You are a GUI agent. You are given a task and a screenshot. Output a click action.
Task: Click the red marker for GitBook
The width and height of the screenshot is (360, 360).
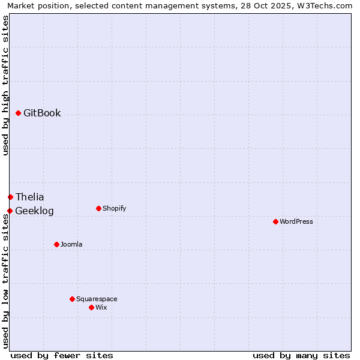pos(18,113)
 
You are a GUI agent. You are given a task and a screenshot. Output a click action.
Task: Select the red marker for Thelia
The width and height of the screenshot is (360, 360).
pos(10,197)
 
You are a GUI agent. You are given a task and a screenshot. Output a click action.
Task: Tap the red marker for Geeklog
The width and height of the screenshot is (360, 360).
pos(10,211)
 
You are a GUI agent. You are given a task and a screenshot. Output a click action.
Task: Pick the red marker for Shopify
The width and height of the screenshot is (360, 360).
pos(98,208)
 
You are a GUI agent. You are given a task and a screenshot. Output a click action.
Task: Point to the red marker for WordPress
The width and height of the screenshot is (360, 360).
pos(275,221)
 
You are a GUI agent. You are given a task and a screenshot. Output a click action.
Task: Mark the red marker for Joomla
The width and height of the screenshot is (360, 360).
pos(56,244)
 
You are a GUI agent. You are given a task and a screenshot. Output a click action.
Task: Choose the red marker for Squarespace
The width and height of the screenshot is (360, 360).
pos(72,299)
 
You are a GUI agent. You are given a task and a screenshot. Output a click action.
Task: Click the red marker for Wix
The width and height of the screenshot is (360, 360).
pos(91,307)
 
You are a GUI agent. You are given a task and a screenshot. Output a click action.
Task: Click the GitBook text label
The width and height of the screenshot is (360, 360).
pos(42,113)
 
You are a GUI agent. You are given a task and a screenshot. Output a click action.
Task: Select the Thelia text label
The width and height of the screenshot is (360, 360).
pos(30,197)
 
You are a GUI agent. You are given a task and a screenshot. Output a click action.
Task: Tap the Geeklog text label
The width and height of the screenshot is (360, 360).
pos(34,211)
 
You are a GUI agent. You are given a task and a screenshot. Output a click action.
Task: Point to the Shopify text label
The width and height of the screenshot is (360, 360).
pos(114,208)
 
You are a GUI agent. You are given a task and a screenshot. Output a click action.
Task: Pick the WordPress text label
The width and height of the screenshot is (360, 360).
pos(296,221)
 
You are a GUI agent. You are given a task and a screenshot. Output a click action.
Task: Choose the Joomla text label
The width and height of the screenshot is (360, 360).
pos(71,244)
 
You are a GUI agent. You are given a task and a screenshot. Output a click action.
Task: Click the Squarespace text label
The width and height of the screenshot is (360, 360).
pos(97,299)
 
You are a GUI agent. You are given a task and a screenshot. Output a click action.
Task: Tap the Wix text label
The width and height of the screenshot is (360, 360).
pos(101,307)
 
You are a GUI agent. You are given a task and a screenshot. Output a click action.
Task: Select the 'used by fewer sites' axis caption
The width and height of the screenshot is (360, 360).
pos(62,355)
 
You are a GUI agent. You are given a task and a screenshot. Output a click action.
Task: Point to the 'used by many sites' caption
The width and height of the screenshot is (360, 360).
pos(301,355)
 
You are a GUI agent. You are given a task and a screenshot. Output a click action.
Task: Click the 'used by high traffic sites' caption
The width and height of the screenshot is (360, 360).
pos(5,85)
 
